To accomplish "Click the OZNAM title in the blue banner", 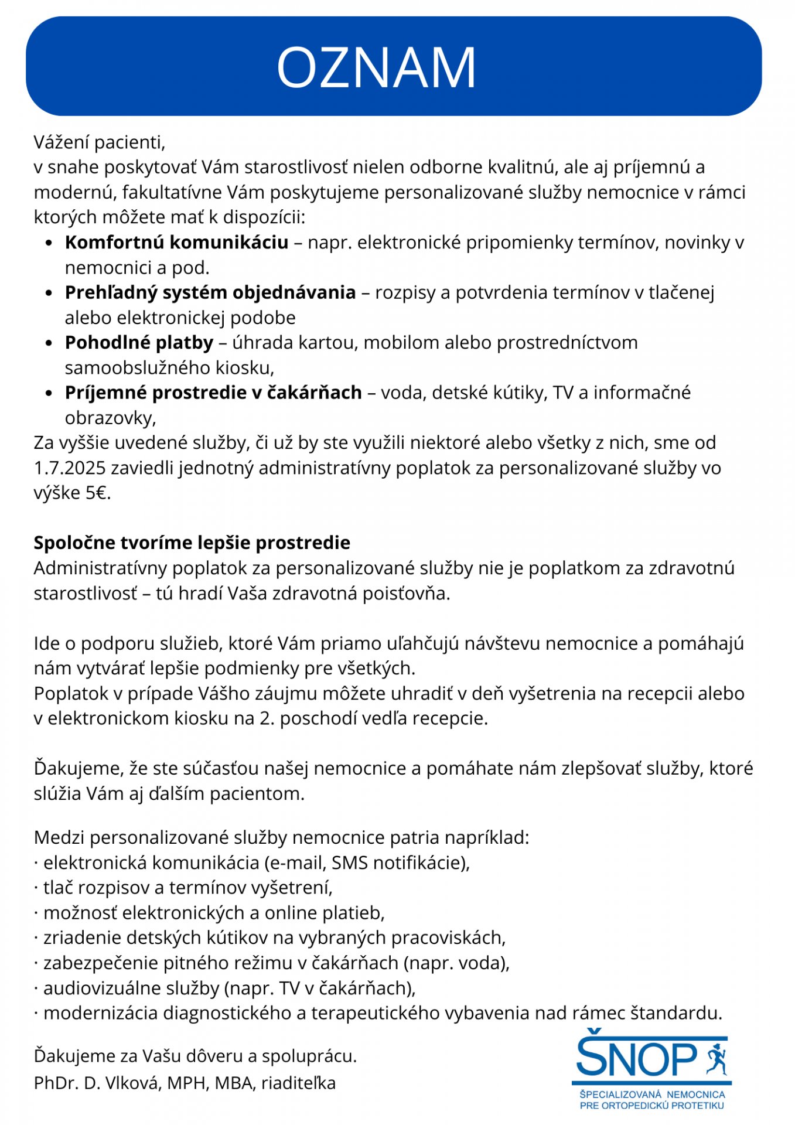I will point(376,67).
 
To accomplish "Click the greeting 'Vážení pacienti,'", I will point(100,142).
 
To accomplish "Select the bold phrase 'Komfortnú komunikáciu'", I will point(176,242).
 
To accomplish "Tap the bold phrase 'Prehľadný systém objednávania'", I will point(210,292).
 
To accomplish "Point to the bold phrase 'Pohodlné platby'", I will point(139,342).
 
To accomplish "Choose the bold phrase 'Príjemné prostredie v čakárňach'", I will point(213,392).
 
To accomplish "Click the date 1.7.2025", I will point(70,468).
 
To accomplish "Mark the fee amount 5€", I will point(98,493).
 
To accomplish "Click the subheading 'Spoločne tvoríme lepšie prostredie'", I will point(192,543).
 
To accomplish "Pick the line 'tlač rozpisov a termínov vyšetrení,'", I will point(187,888).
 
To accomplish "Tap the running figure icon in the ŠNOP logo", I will point(716,1058).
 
